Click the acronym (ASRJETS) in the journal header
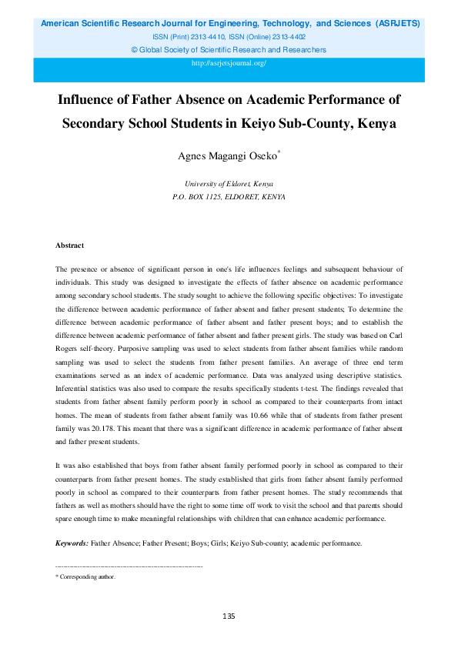point(398,24)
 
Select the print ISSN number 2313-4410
point(217,37)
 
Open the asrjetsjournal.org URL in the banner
point(229,63)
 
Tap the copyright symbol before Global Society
point(135,50)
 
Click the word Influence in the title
point(89,100)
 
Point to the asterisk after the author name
point(279,153)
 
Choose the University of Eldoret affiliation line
point(229,185)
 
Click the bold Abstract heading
point(69,246)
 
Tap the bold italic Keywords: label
point(72,543)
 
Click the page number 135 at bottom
point(229,616)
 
